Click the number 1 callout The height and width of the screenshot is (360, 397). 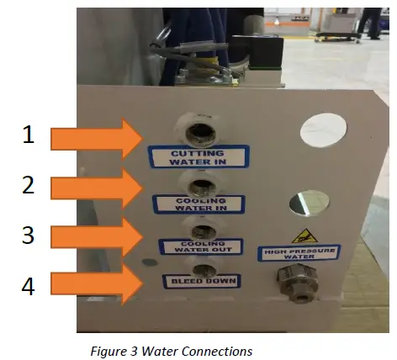click(29, 134)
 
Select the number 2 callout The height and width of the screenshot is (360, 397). click(29, 185)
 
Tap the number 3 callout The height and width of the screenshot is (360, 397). click(29, 235)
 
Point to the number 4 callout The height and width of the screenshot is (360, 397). click(29, 285)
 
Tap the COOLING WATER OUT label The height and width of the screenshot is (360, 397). click(201, 247)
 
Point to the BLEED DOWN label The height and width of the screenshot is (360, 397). click(201, 280)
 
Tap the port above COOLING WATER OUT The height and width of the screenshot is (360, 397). click(202, 228)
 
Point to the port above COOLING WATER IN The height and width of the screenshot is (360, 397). click(201, 183)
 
